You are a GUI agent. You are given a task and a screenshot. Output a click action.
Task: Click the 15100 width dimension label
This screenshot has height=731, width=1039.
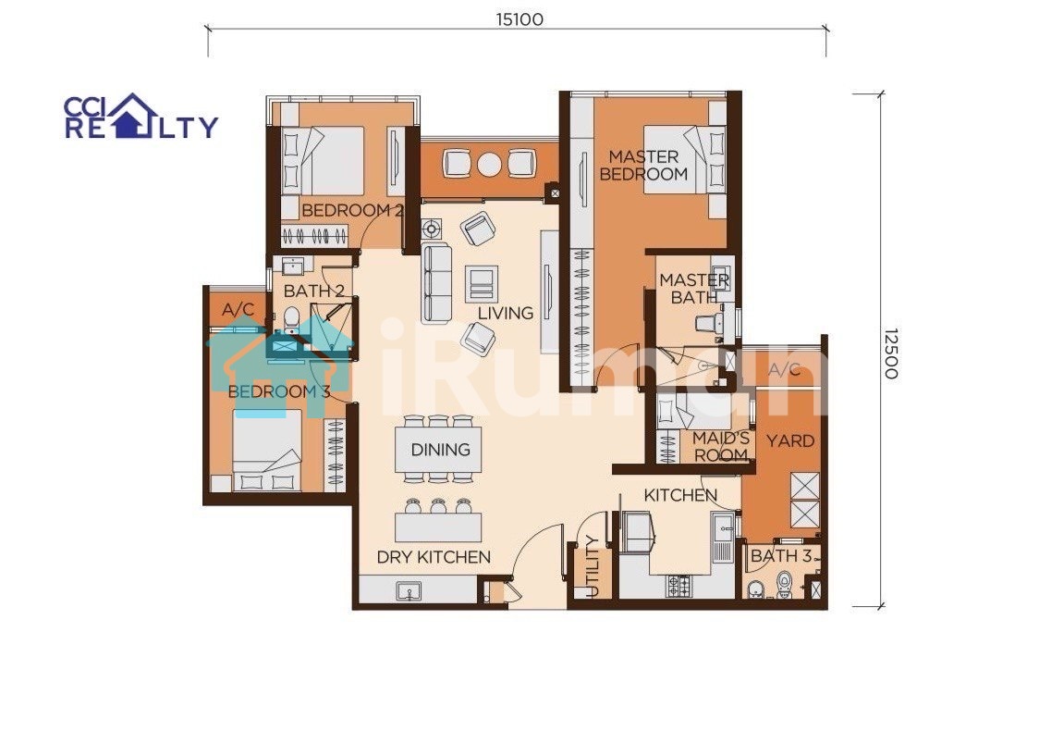pos(519,19)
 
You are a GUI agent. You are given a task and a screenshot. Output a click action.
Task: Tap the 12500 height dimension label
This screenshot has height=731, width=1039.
pos(891,353)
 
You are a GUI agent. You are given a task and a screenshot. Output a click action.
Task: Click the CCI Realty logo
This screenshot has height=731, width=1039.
pos(141,116)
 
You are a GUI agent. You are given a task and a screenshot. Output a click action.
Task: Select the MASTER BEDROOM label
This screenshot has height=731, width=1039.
pos(643,166)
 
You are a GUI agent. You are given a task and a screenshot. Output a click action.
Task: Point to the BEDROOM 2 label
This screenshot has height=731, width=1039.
pos(352,210)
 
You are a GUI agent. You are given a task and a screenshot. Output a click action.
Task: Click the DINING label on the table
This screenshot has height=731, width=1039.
pos(441,450)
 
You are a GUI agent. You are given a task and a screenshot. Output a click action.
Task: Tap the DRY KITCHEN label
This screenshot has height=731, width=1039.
pos(434,557)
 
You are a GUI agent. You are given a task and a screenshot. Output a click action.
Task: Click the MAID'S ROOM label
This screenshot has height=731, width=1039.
pos(721,446)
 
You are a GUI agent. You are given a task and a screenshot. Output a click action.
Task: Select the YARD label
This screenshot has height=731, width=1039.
pos(789,441)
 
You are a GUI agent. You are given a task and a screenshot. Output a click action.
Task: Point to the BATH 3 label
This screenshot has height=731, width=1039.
pos(781,556)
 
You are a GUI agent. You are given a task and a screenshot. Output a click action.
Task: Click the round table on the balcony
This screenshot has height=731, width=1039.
pos(490,163)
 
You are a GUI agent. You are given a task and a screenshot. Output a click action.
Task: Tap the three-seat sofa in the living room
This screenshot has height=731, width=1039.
pos(436,283)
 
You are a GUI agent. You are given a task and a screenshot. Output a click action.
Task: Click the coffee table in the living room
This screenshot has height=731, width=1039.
pos(482,283)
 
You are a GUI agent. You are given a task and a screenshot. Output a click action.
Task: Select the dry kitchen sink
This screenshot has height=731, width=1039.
pos(409,590)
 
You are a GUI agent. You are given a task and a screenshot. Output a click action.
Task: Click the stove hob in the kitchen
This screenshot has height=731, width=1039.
pos(678,586)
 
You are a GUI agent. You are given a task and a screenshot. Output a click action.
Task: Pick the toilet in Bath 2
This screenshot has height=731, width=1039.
pos(291,320)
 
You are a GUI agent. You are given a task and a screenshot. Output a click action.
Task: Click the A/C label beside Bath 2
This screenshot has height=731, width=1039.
pos(238,310)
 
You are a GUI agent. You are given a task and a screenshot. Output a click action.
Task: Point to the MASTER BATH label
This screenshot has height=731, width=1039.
pos(694,290)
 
